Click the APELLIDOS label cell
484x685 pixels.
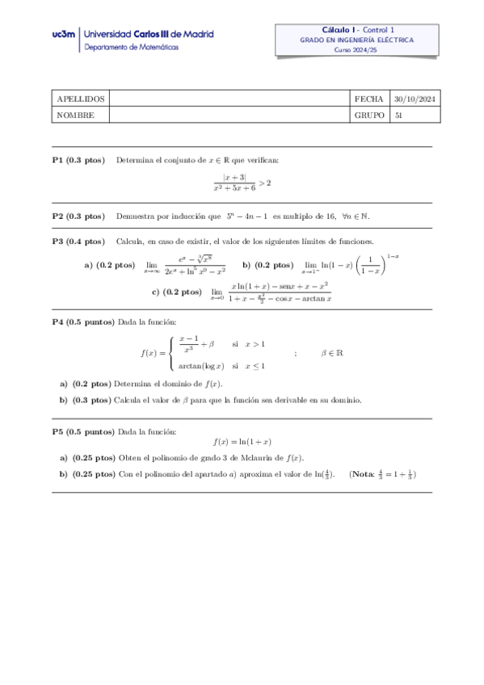(78, 99)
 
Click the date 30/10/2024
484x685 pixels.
(415, 99)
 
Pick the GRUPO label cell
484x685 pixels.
(369, 115)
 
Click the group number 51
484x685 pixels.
(398, 115)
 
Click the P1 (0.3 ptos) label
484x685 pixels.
(78, 161)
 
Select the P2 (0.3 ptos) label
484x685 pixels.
(78, 216)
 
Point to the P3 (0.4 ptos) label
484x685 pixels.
(78, 242)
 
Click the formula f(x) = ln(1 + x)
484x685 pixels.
(242, 443)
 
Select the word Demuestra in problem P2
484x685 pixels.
(134, 216)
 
